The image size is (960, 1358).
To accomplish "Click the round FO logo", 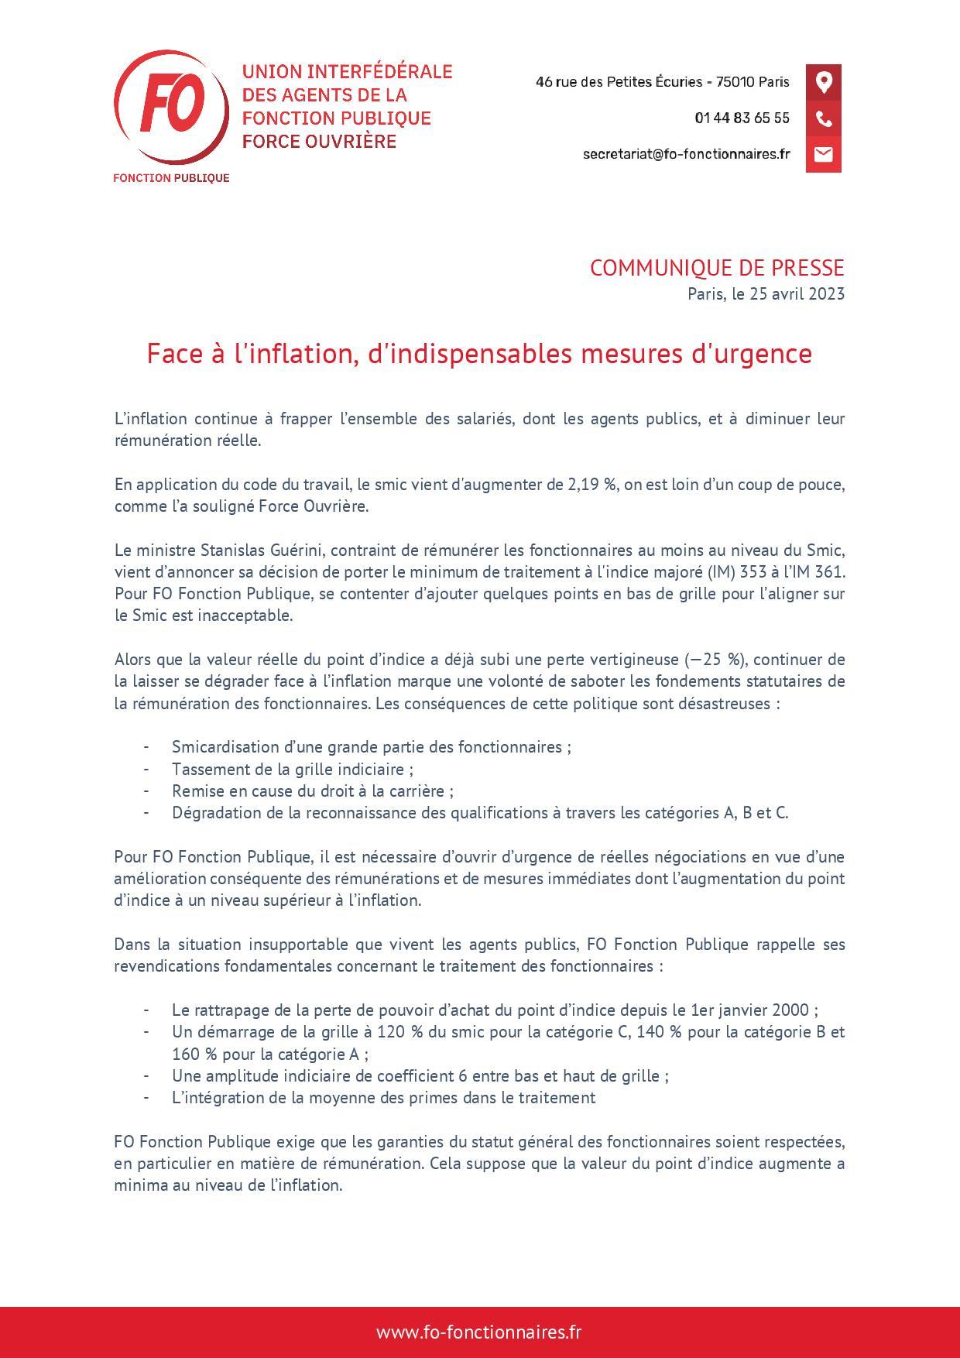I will [171, 107].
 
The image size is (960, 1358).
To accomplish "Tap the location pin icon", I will [823, 82].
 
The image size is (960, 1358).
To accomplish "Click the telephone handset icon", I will [823, 118].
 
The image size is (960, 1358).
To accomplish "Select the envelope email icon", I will [823, 154].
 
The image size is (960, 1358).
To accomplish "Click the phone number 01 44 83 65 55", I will [742, 118].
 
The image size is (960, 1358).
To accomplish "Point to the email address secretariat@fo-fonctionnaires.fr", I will [686, 154].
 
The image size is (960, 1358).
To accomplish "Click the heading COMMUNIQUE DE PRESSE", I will [716, 268].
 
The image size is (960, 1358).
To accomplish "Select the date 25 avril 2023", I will [797, 294].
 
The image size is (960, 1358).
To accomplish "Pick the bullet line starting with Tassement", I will [292, 769].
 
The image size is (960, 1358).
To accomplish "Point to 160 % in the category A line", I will [190, 1054].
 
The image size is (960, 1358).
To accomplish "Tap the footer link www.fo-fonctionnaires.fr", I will [479, 1332].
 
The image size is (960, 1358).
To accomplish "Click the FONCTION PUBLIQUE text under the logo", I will [171, 178].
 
